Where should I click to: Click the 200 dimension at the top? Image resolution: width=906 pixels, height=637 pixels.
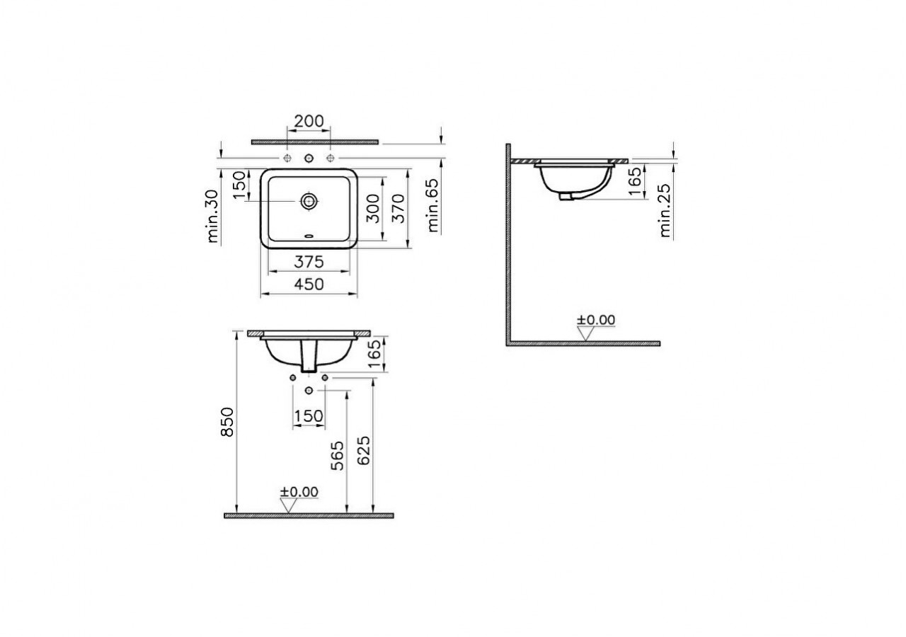pos(309,121)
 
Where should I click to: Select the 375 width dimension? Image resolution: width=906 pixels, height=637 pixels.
pos(309,262)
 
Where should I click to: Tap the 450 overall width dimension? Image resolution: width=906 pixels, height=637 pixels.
pos(309,284)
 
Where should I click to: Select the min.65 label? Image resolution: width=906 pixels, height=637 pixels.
pos(433,206)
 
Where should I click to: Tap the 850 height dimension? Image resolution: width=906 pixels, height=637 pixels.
pos(226,423)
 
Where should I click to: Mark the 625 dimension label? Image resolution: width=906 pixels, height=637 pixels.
pos(364,450)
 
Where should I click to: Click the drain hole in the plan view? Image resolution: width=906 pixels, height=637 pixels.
pos(309,201)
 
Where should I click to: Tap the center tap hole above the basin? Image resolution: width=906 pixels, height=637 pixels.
pos(309,157)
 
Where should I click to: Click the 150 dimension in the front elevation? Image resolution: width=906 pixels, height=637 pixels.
pos(309,416)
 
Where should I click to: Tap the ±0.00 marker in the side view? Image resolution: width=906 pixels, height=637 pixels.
pos(596,320)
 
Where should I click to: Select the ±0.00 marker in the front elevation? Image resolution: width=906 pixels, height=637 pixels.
pos(299,492)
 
